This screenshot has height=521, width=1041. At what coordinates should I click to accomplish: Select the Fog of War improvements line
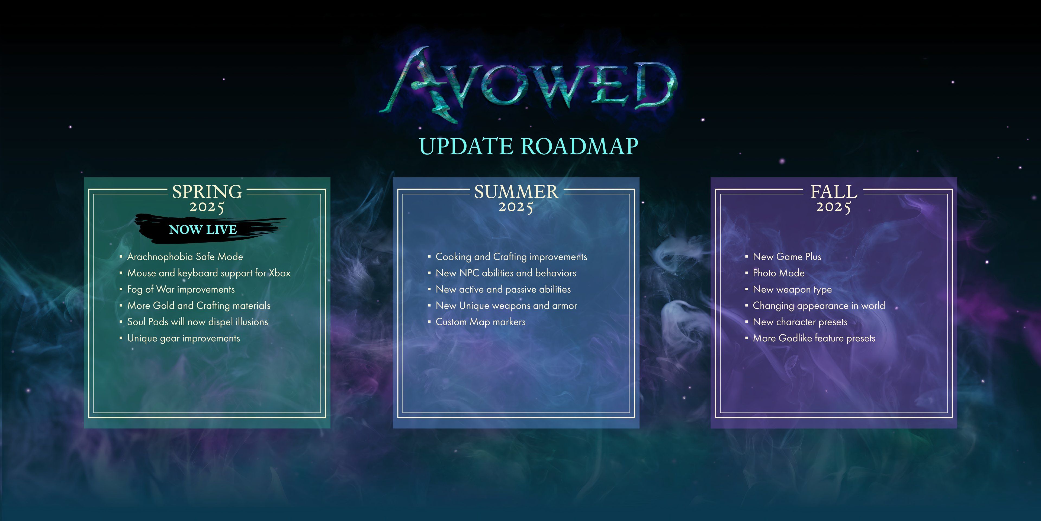click(181, 290)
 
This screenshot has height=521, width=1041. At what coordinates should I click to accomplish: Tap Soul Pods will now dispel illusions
click(198, 322)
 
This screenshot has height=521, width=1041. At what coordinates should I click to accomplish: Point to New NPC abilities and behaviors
click(506, 273)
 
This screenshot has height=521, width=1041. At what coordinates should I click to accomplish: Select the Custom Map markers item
click(480, 322)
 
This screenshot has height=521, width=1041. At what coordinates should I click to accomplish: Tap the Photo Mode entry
click(779, 273)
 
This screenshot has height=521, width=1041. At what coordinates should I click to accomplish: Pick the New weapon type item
click(792, 290)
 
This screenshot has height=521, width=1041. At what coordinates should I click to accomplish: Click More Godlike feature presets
click(814, 338)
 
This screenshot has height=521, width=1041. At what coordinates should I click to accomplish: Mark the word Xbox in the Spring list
click(280, 273)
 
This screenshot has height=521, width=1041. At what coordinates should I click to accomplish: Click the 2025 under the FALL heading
click(834, 207)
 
